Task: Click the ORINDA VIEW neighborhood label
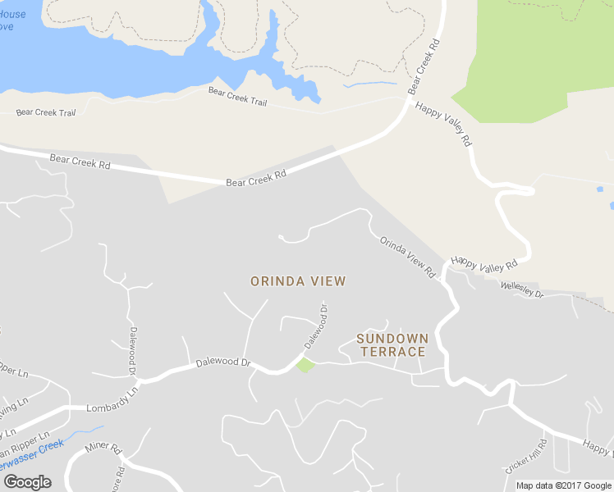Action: [298, 281]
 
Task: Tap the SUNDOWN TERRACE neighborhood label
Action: [392, 345]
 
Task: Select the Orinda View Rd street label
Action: [407, 257]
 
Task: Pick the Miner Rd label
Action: [103, 450]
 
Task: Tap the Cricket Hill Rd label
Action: [525, 456]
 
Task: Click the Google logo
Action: [27, 481]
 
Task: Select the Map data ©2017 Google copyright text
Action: [562, 485]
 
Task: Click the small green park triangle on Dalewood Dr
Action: [305, 364]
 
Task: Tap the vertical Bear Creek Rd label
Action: [420, 65]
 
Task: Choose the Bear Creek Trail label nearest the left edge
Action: [46, 112]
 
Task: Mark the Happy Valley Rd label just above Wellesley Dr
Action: [484, 264]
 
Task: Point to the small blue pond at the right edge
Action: [600, 189]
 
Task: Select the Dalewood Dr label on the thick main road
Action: [222, 362]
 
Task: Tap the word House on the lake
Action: [11, 14]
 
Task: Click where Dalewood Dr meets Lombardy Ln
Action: [140, 380]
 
